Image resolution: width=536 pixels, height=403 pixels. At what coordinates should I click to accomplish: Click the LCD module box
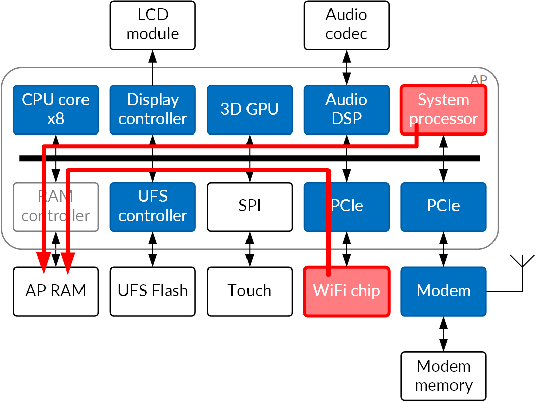pyautogui.click(x=152, y=25)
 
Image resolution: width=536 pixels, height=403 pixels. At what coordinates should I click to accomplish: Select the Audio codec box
pyautogui.click(x=346, y=25)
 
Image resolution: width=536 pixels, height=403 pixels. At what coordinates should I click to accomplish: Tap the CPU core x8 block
pyautogui.click(x=56, y=110)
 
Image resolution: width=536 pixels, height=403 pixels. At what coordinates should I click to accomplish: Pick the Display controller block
pyautogui.click(x=152, y=110)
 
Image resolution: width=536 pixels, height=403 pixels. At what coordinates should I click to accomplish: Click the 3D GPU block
pyautogui.click(x=250, y=110)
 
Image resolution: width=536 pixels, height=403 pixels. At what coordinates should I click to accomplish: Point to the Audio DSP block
pyautogui.click(x=346, y=110)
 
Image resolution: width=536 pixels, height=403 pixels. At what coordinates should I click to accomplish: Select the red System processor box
pyautogui.click(x=443, y=110)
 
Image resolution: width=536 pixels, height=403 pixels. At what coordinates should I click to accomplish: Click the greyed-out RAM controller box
pyautogui.click(x=56, y=207)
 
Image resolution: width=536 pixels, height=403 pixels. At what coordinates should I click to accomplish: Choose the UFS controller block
pyautogui.click(x=152, y=207)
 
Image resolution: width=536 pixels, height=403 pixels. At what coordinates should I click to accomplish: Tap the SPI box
pyautogui.click(x=250, y=207)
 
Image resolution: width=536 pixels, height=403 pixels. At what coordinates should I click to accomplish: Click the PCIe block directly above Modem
pyautogui.click(x=443, y=207)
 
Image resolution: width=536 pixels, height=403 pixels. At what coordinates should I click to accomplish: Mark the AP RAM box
pyautogui.click(x=56, y=291)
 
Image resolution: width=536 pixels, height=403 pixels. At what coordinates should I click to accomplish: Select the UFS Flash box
pyautogui.click(x=152, y=291)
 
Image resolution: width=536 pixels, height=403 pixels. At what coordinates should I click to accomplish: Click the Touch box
pyautogui.click(x=250, y=291)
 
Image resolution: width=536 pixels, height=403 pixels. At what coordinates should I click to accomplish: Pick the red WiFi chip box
pyautogui.click(x=346, y=291)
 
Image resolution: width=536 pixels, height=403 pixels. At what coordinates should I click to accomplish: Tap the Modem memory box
pyautogui.click(x=443, y=376)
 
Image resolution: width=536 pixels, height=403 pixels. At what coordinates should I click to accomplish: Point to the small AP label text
pyautogui.click(x=479, y=80)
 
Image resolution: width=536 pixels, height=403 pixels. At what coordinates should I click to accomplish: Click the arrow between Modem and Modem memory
pyautogui.click(x=443, y=334)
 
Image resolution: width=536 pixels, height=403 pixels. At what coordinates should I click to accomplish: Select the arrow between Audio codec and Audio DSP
pyautogui.click(x=346, y=67)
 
